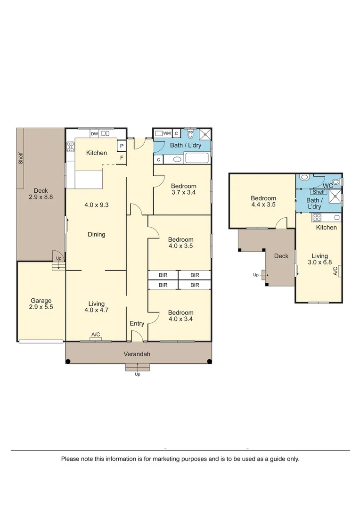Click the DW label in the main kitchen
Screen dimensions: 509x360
tap(94, 134)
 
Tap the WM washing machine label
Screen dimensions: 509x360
tap(167, 133)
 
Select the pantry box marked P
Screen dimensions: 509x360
tap(122, 146)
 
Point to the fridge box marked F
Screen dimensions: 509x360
tap(122, 157)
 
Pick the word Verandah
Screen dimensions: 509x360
tap(137, 354)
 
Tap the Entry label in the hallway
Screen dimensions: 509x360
tap(137, 323)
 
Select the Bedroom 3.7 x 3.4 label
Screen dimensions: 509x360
tap(184, 189)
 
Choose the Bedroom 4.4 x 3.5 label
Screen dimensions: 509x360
tap(263, 201)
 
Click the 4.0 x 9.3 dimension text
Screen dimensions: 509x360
tap(97, 205)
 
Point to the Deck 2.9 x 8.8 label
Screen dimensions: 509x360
tap(41, 194)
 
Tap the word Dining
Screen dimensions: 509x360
tap(96, 234)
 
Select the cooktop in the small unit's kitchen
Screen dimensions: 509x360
tap(317, 218)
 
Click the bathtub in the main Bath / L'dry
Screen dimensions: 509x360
tap(197, 159)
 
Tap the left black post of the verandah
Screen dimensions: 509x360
tap(68, 361)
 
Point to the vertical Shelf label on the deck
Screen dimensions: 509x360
tap(21, 158)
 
